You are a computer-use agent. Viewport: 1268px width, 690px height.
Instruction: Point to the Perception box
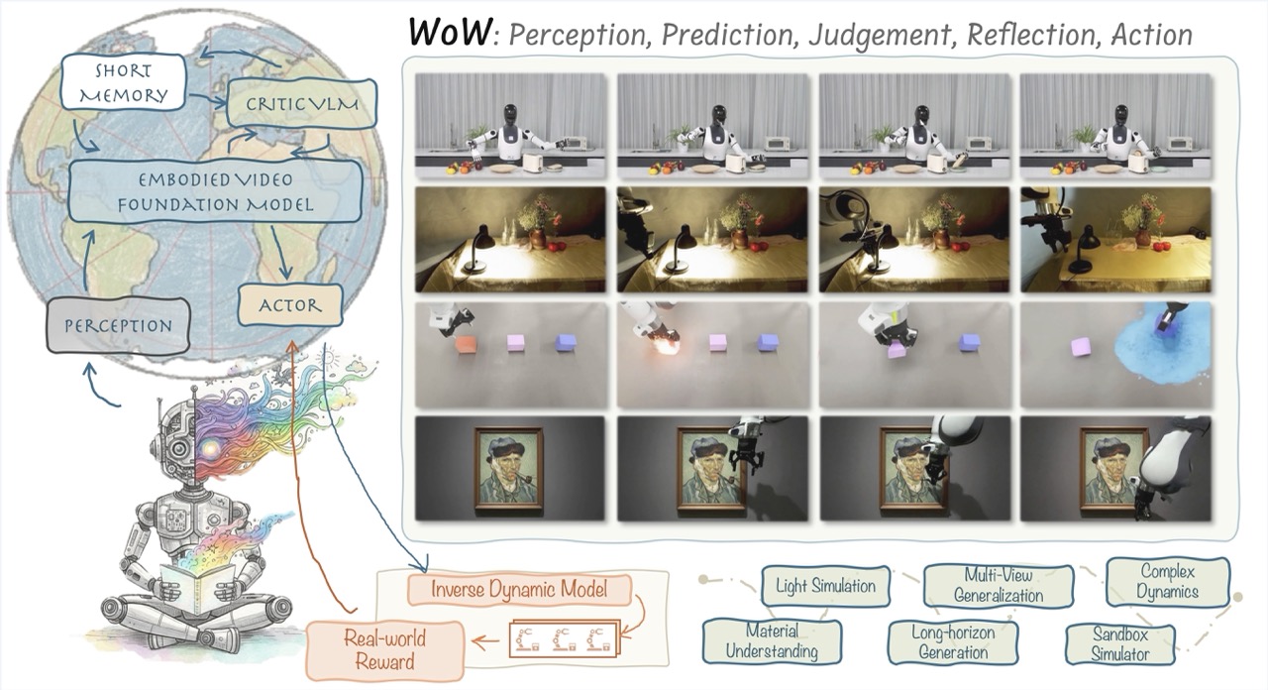[118, 325]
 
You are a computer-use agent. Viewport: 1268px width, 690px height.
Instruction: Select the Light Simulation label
[824, 586]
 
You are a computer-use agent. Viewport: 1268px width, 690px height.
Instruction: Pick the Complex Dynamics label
[1169, 581]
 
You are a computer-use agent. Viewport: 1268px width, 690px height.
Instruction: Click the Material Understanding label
[773, 641]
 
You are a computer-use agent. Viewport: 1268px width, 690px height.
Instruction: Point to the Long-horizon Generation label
[953, 641]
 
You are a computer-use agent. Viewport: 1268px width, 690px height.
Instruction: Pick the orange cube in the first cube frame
[468, 345]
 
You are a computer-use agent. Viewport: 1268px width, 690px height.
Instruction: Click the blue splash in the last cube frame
[1159, 347]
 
